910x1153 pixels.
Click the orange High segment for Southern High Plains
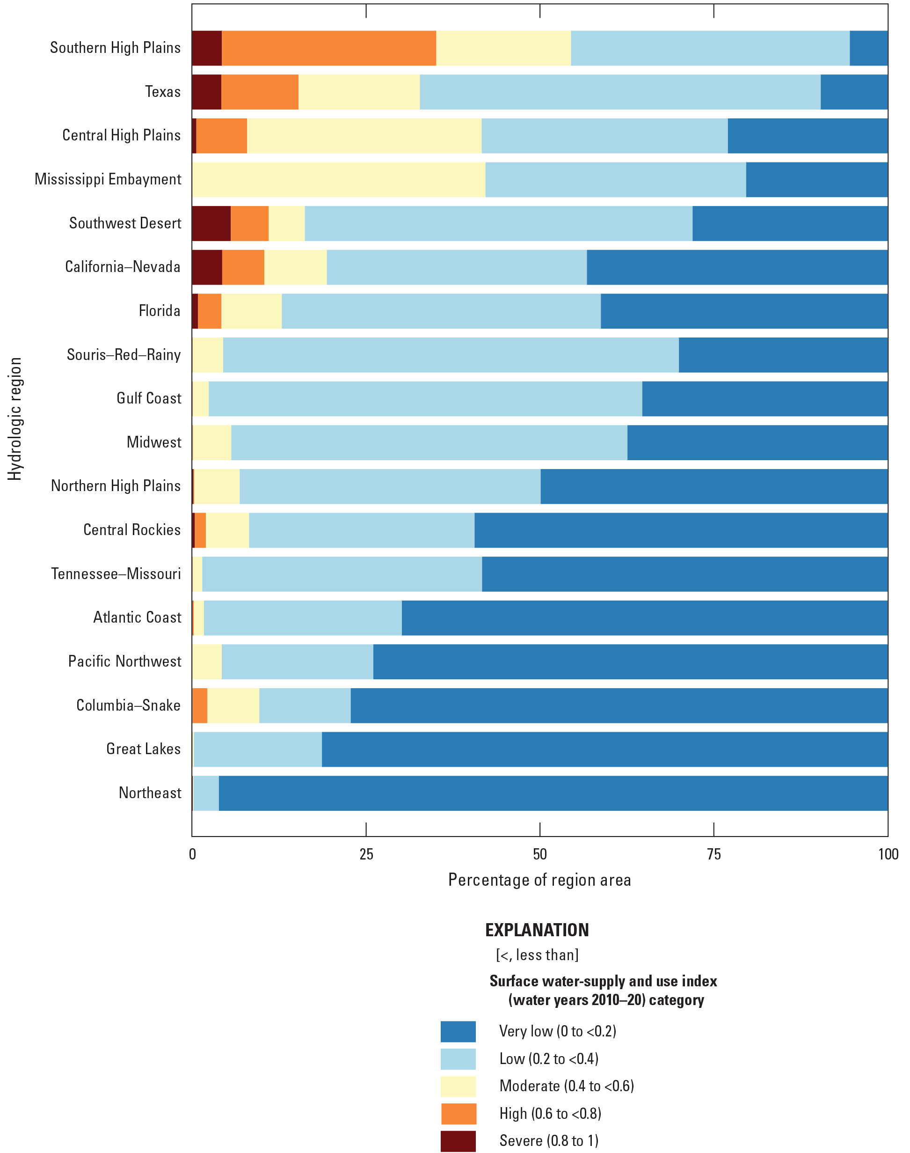point(329,49)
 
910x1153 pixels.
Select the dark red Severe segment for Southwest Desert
point(211,223)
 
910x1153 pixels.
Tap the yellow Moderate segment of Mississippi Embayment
point(339,180)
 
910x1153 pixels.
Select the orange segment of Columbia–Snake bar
point(200,706)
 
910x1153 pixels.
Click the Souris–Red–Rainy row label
point(124,354)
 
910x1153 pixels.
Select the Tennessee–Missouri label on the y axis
point(116,573)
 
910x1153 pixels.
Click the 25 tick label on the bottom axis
point(366,854)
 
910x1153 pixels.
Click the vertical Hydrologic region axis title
point(15,419)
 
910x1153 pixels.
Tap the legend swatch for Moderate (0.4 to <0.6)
point(458,1086)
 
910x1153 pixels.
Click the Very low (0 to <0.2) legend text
point(557,1031)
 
